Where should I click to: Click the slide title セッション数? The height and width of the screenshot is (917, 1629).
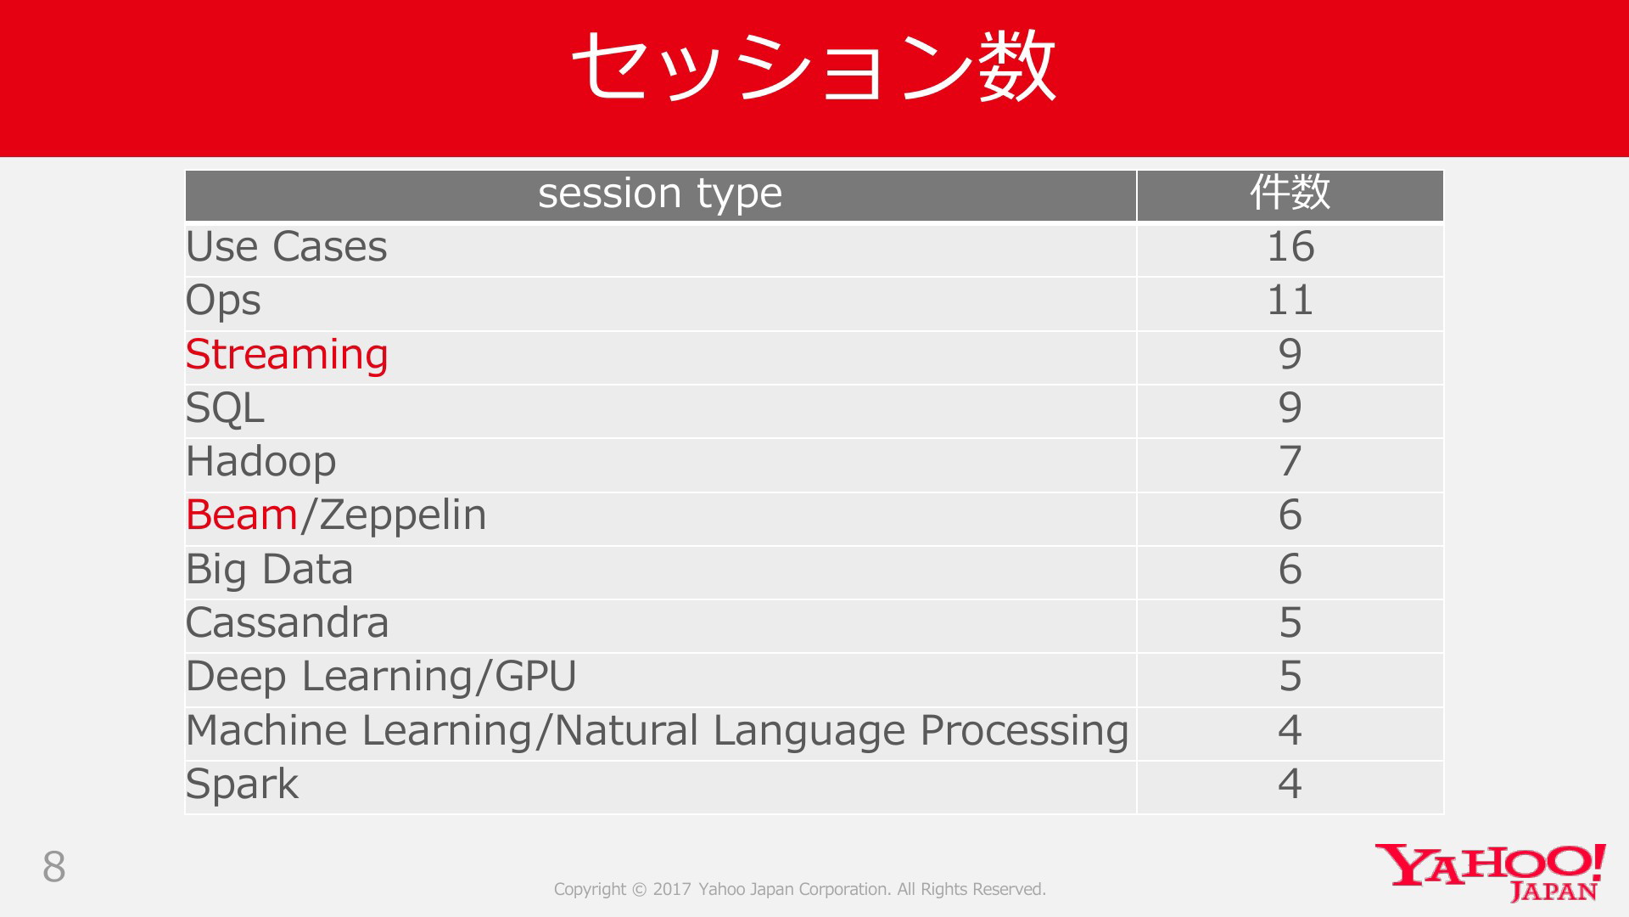pyautogui.click(x=814, y=66)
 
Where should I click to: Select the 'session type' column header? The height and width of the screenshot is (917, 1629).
pyautogui.click(x=660, y=194)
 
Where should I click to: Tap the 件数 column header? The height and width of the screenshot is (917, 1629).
pyautogui.click(x=1290, y=193)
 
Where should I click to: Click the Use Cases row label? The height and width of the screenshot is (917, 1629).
pyautogui.click(x=286, y=247)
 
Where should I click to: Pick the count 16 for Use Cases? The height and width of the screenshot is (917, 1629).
pyautogui.click(x=1290, y=247)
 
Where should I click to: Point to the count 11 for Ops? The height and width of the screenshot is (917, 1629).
pyautogui.click(x=1290, y=301)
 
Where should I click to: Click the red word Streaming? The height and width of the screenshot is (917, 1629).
pyautogui.click(x=287, y=355)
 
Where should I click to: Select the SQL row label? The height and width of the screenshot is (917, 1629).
pyautogui.click(x=225, y=408)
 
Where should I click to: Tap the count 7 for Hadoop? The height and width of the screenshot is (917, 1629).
pyautogui.click(x=1290, y=462)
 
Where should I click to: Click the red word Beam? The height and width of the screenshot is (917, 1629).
pyautogui.click(x=242, y=515)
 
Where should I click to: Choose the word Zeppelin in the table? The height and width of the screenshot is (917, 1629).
pyautogui.click(x=402, y=516)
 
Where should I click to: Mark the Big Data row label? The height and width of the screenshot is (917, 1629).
pyautogui.click(x=269, y=570)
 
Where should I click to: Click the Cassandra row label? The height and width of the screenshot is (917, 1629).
pyautogui.click(x=287, y=623)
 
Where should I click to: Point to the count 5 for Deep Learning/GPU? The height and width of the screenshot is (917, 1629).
pyautogui.click(x=1290, y=677)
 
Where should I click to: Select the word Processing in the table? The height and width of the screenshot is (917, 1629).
pyautogui.click(x=1024, y=731)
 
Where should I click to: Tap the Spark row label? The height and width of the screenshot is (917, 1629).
pyautogui.click(x=242, y=785)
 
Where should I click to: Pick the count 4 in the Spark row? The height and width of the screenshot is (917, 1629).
pyautogui.click(x=1290, y=784)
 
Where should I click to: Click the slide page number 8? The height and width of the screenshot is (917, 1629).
pyautogui.click(x=54, y=867)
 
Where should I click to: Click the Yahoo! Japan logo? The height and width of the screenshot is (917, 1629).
pyautogui.click(x=1491, y=872)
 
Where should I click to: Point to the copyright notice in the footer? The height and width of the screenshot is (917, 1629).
pyautogui.click(x=800, y=889)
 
